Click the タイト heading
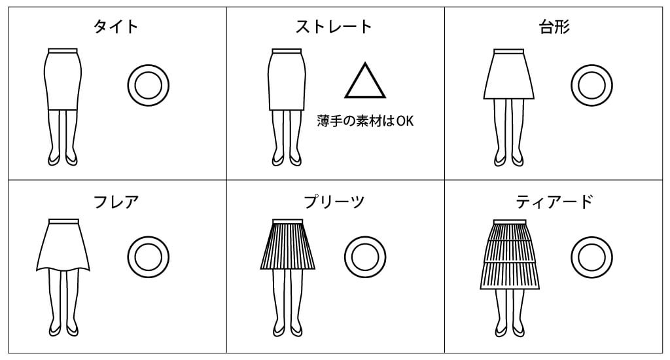[115, 27]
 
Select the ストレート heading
[334, 27]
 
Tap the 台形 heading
[554, 27]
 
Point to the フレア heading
[116, 202]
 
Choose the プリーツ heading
[334, 202]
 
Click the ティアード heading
[554, 202]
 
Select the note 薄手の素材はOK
[365, 121]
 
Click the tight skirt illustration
[62, 79]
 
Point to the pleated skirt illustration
[288, 245]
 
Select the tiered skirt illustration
[510, 255]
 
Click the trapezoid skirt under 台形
[509, 75]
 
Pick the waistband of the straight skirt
[287, 51]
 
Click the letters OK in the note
[405, 121]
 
